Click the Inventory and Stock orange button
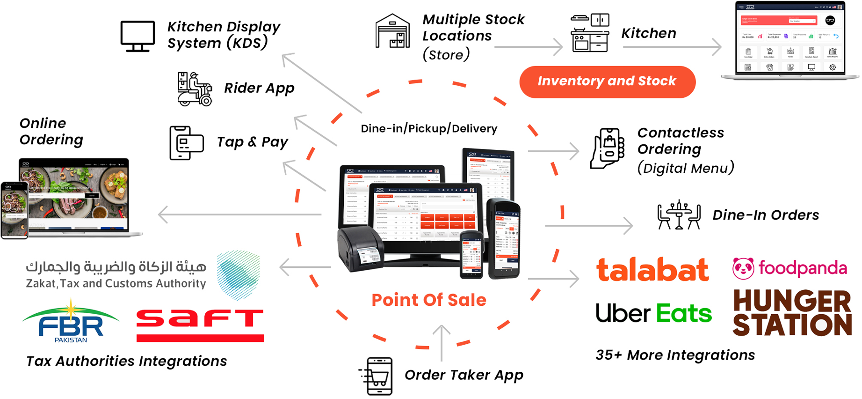click(607, 81)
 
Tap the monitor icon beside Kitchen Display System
click(138, 36)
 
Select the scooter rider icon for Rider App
click(195, 89)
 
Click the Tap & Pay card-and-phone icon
click(186, 143)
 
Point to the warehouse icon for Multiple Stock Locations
click(393, 31)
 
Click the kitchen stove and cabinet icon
click(590, 33)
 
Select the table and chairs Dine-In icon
click(679, 215)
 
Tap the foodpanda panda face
click(743, 269)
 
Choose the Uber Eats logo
click(653, 313)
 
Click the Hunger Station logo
click(792, 312)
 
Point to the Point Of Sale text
click(429, 300)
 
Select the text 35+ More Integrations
click(675, 355)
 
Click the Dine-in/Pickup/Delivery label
click(429, 129)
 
